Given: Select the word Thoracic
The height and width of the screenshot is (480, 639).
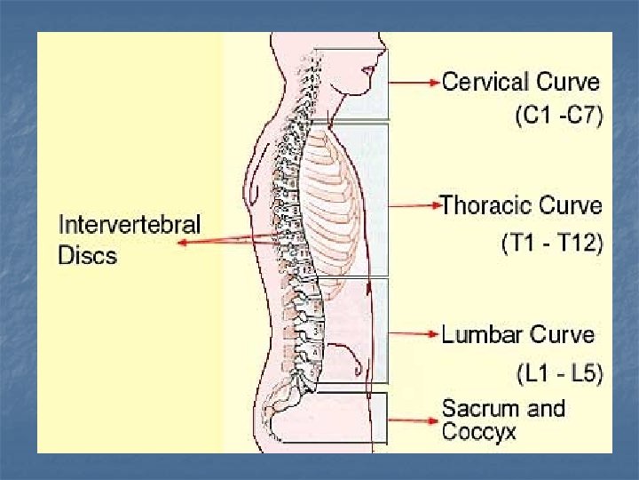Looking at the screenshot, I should click(485, 206).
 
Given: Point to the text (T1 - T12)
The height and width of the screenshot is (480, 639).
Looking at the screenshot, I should click(551, 242).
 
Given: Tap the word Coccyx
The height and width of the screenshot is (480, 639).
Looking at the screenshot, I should click(478, 433).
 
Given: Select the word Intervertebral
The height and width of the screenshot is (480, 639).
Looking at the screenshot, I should click(130, 225).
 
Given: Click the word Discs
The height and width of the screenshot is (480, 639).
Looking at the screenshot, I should click(88, 255).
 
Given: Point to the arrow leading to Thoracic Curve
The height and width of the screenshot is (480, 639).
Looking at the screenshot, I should click(414, 206).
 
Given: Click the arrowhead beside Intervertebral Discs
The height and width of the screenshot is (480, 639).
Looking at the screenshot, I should click(182, 244).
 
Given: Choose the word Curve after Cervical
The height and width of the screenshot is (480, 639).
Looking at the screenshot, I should click(568, 83).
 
